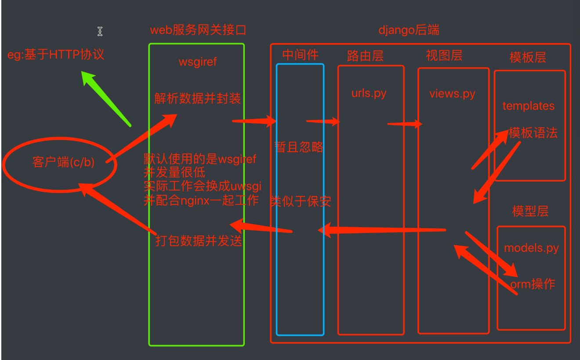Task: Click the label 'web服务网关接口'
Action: click(x=198, y=30)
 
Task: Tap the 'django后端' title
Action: click(x=409, y=30)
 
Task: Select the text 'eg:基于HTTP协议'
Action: click(x=56, y=55)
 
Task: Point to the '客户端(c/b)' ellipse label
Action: click(x=63, y=162)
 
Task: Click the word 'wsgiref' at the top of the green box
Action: click(x=198, y=62)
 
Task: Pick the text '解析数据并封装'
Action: click(x=198, y=98)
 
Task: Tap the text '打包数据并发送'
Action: click(x=199, y=241)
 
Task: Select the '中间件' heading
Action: click(x=300, y=55)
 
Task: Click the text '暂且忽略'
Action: click(x=299, y=147)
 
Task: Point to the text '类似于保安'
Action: click(x=301, y=201)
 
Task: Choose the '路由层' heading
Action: click(x=365, y=56)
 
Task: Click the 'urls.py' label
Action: click(x=369, y=94)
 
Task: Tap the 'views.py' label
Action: click(x=452, y=94)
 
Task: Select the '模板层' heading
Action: click(x=528, y=58)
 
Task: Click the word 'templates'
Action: click(x=528, y=106)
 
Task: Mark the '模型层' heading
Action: click(x=530, y=211)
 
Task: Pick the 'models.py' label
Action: click(x=531, y=248)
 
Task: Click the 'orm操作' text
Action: click(x=533, y=284)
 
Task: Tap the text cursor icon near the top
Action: click(x=100, y=32)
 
